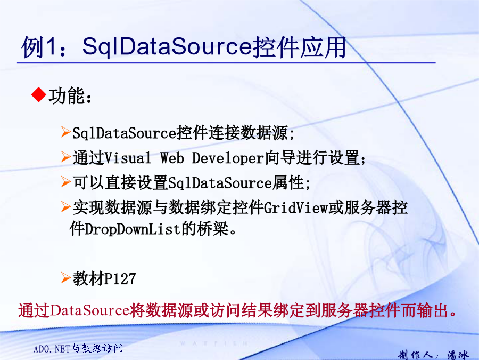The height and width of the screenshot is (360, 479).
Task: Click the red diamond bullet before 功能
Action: (x=38, y=94)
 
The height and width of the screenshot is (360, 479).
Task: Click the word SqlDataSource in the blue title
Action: (x=168, y=46)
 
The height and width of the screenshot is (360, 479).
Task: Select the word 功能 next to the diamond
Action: (x=67, y=96)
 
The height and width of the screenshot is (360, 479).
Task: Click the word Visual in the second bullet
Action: (x=128, y=158)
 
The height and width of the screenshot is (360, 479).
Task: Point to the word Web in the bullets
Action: (x=172, y=158)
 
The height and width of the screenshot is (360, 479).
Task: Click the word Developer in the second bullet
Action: (x=228, y=158)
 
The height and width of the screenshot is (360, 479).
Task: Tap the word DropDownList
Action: (x=133, y=229)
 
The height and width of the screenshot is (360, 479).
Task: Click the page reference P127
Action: (x=120, y=279)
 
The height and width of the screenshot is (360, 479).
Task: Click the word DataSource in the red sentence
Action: (x=89, y=310)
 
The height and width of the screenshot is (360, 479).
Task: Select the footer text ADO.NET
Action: (x=52, y=349)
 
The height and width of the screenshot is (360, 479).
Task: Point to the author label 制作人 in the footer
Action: (x=416, y=355)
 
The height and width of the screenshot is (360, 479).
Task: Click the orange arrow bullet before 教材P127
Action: (x=65, y=278)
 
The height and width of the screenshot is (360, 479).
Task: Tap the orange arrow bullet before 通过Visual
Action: (x=65, y=157)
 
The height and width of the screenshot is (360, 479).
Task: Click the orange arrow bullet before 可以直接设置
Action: (x=65, y=181)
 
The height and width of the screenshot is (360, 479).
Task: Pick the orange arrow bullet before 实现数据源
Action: (x=65, y=206)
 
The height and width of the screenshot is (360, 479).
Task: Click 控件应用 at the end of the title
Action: (x=300, y=47)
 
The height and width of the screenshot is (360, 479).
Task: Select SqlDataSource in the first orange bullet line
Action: (x=125, y=133)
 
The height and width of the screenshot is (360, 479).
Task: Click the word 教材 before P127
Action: (x=88, y=279)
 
